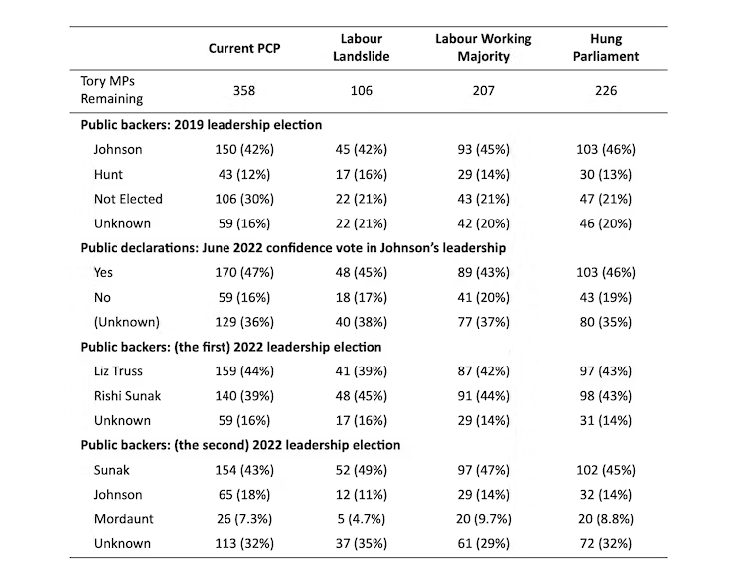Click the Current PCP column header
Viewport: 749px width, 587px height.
244,49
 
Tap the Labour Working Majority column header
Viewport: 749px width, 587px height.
484,48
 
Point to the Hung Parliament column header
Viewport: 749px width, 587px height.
605,48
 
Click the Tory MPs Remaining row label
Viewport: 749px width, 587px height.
112,90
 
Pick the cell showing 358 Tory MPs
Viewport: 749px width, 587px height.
244,91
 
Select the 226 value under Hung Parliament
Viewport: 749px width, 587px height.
605,91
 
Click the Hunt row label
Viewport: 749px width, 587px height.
110,174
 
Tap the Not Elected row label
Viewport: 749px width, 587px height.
128,198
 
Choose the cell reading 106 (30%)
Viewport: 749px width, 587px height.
244,198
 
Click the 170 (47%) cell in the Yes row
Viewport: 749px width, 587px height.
244,271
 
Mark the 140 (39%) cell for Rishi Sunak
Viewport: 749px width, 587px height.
244,394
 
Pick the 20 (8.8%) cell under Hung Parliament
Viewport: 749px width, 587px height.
605,517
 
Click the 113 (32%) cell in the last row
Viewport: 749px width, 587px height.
244,542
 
